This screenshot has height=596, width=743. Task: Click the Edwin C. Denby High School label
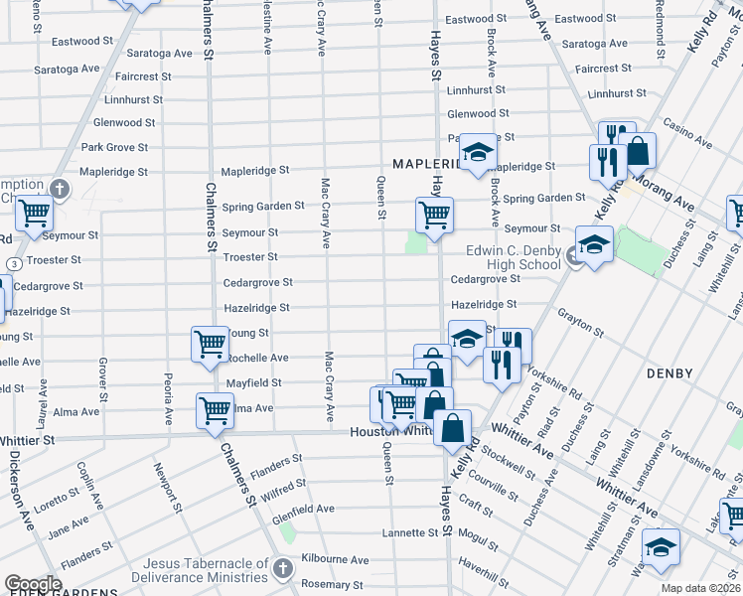coord(512,257)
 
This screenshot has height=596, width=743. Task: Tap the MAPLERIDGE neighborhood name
coord(429,163)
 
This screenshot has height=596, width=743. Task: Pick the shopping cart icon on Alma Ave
coord(215,409)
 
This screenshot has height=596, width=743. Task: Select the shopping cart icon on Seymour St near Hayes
coord(434,214)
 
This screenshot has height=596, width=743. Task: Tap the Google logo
coord(32,584)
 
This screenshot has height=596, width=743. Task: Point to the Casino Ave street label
coord(685,129)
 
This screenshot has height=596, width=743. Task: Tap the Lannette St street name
coord(410,533)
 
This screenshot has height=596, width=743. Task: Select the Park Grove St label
coord(114,147)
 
